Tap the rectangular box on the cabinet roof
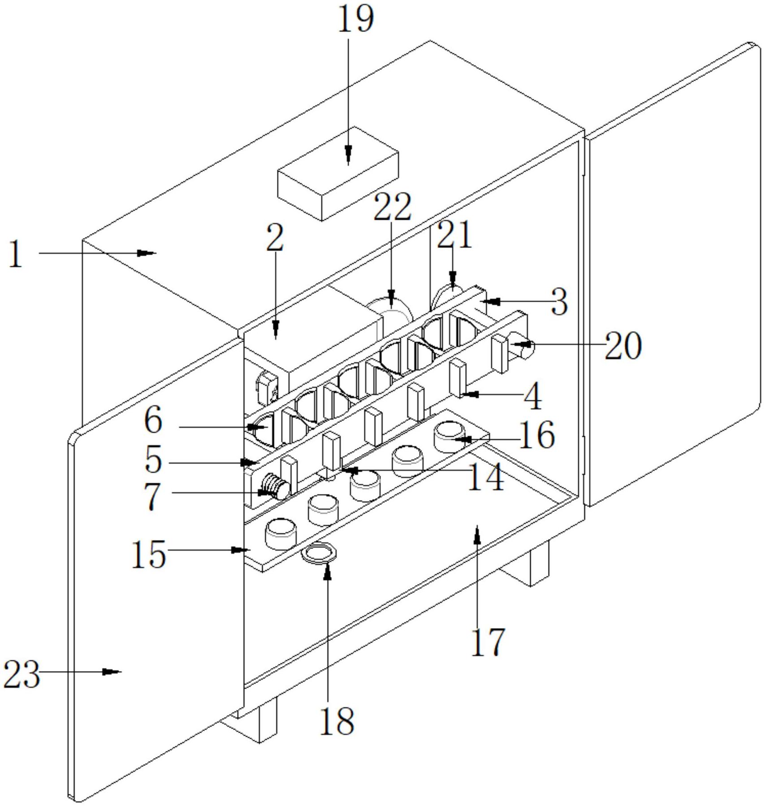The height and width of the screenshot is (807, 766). pyautogui.click(x=338, y=174)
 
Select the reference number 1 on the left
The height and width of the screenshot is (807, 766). pyautogui.click(x=16, y=254)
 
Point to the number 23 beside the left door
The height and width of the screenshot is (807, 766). pyautogui.click(x=21, y=675)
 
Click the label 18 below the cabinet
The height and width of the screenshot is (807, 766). pyautogui.click(x=337, y=721)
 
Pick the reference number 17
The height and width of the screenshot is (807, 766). pyautogui.click(x=488, y=642)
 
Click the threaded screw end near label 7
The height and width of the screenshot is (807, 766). pyautogui.click(x=273, y=486)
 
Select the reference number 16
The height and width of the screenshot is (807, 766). pyautogui.click(x=537, y=435)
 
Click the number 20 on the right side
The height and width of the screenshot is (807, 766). pyautogui.click(x=623, y=346)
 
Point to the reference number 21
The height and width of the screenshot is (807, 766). pyautogui.click(x=454, y=234)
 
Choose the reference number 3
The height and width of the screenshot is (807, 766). pyautogui.click(x=560, y=302)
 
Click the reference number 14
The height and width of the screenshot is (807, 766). pyautogui.click(x=486, y=477)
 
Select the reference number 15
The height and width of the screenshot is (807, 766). pyautogui.click(x=149, y=555)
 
